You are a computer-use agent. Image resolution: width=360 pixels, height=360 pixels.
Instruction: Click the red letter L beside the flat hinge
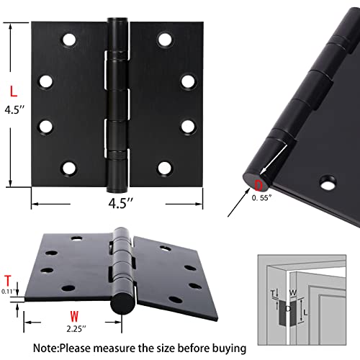point(12,91)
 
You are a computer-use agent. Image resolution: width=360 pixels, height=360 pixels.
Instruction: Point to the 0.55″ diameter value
point(265,199)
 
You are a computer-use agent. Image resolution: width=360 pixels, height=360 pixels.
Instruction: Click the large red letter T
point(8,281)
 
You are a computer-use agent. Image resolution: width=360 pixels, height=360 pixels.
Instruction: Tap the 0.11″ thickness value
point(8,292)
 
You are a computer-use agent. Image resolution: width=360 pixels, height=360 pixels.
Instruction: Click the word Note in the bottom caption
point(68,348)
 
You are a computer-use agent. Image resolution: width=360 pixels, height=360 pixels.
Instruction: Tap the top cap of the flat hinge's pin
point(114,22)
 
